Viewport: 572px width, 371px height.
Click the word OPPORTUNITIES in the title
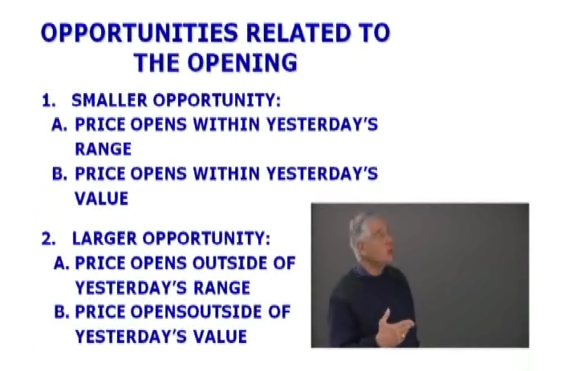(140, 33)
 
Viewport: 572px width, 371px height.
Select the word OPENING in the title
(242, 63)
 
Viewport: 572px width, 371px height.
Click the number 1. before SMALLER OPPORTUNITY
(49, 101)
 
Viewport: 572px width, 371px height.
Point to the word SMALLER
(109, 100)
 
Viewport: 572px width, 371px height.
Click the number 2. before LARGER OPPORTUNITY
(49, 239)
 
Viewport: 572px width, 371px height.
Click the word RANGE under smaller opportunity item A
(103, 149)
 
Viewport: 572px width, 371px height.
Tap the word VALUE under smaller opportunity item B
(102, 199)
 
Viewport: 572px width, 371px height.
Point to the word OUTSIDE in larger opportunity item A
(229, 263)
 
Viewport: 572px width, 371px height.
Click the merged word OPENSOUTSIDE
(196, 312)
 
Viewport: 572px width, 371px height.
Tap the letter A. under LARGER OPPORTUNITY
(61, 263)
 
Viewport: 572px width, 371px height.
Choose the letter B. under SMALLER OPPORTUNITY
(60, 173)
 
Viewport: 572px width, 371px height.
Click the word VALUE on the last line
(220, 337)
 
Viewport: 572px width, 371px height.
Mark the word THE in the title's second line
(157, 63)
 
